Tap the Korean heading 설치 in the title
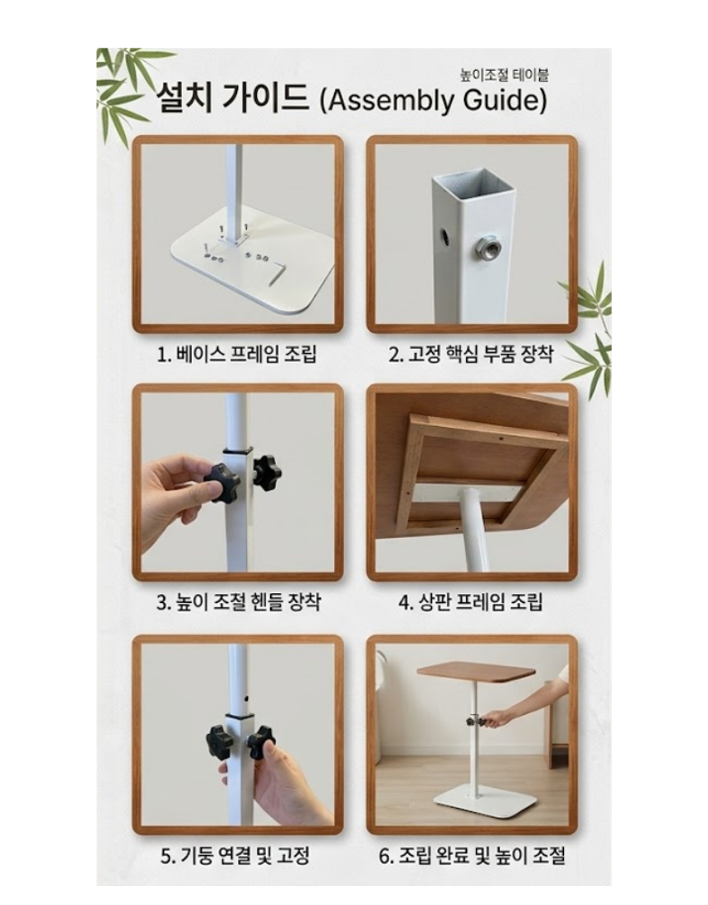(184, 98)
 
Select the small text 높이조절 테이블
(504, 74)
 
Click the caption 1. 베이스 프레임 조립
(237, 354)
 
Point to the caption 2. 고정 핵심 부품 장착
(471, 354)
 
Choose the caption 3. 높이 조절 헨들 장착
(239, 602)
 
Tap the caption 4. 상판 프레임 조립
(471, 602)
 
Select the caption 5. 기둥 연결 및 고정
(235, 855)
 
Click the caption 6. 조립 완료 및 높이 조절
(472, 855)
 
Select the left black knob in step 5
(219, 738)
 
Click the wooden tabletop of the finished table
(477, 672)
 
